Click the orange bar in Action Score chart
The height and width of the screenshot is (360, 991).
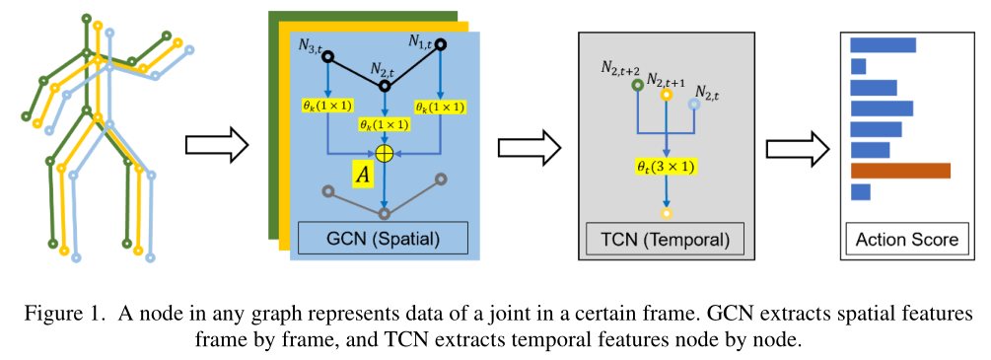click(x=899, y=171)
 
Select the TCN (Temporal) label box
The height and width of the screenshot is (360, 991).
click(x=657, y=238)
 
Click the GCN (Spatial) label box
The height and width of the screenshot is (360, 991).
click(x=384, y=238)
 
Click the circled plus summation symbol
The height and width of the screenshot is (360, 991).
click(x=385, y=153)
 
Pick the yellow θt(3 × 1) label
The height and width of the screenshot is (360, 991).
click(x=666, y=167)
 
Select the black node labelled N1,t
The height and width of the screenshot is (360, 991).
click(x=440, y=44)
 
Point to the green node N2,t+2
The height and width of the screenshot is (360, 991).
click(x=637, y=85)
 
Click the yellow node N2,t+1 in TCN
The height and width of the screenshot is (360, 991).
click(x=666, y=96)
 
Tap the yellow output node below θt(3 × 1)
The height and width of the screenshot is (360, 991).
click(x=666, y=213)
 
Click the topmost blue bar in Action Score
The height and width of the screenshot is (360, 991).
click(x=883, y=44)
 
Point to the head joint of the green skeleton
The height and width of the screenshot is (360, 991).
click(x=87, y=19)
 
